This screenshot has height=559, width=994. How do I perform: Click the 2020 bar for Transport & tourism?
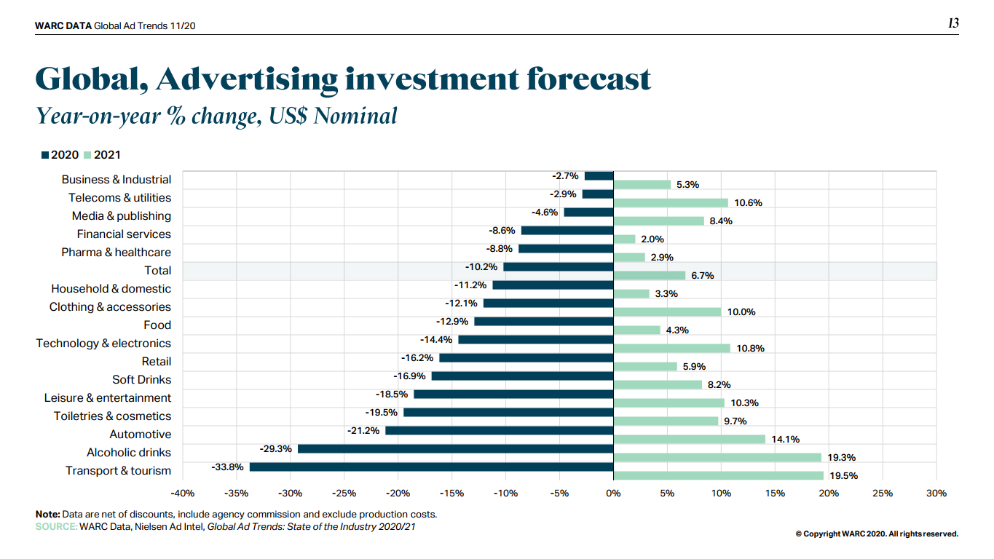(x=431, y=467)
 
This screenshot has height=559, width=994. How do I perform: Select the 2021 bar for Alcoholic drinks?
(x=717, y=458)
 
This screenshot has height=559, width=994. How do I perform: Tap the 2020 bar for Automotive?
(x=499, y=430)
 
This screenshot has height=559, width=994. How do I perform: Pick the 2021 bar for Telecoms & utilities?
(x=671, y=203)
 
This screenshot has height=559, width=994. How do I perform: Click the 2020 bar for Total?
(x=558, y=266)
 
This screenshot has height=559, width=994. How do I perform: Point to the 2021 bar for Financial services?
(x=624, y=239)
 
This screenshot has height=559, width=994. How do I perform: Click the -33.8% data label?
(x=227, y=467)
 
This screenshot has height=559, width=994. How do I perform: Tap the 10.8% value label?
(x=750, y=349)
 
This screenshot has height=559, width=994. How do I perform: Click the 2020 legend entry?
(x=60, y=155)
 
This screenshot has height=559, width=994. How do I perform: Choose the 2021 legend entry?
(x=103, y=155)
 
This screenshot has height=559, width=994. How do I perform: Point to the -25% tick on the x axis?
(x=344, y=493)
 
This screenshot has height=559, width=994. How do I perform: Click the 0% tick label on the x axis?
(x=613, y=493)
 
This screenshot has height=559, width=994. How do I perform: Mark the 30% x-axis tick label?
(x=936, y=493)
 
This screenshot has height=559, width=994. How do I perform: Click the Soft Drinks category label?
(x=141, y=379)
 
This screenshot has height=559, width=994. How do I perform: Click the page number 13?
(x=953, y=23)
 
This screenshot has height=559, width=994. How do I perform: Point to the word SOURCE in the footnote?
(x=56, y=526)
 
